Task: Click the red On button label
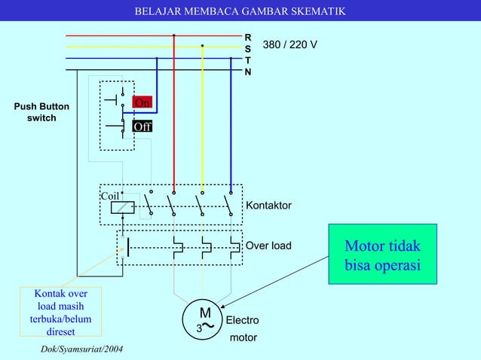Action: point(142,102)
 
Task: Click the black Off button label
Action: point(142,127)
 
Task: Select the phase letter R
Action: point(248,36)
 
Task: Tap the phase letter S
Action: point(248,47)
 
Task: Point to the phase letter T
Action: point(248,59)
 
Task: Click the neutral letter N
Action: point(248,72)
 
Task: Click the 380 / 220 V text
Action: point(290,46)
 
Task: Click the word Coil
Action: point(110,196)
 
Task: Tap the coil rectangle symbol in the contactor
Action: point(122,208)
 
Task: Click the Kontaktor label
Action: point(268,206)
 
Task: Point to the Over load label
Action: point(268,246)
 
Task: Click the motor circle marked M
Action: point(204,319)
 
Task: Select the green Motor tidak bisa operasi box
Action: point(382,256)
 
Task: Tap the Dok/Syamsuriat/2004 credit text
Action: point(82,351)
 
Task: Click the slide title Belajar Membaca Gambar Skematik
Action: point(240,11)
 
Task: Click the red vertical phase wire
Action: point(174,113)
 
